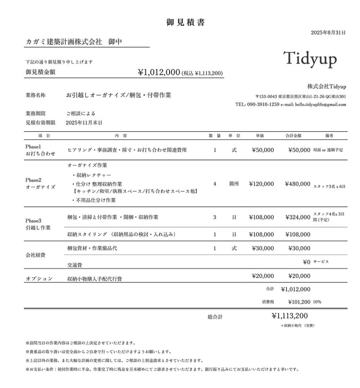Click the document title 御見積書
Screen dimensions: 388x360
(x=185, y=23)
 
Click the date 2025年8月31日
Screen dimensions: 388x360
(x=328, y=33)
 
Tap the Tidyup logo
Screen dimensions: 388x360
(x=310, y=58)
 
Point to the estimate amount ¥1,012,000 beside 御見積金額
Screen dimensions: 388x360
(x=159, y=72)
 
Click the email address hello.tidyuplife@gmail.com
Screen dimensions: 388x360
(x=320, y=104)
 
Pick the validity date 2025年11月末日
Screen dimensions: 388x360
(x=84, y=123)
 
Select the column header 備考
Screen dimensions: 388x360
(x=329, y=136)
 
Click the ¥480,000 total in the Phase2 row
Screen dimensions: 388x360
(x=298, y=184)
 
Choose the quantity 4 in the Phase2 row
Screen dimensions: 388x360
(x=215, y=184)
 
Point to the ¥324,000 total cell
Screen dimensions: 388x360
(x=298, y=217)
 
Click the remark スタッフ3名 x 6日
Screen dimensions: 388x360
(x=329, y=186)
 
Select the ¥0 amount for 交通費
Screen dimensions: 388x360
(x=306, y=262)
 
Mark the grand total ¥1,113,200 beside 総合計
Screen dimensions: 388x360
(x=290, y=316)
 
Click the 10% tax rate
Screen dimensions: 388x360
(x=317, y=302)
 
